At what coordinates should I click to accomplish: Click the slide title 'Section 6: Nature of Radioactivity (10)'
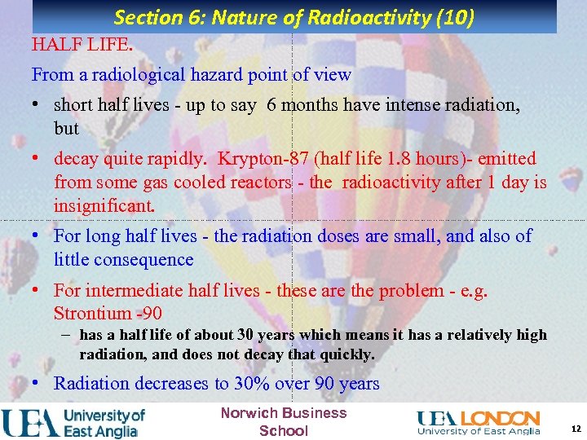tap(293, 17)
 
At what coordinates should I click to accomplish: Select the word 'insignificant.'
tap(104, 205)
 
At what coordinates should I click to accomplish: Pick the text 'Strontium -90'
tap(108, 313)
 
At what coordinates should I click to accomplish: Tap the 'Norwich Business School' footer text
tap(284, 421)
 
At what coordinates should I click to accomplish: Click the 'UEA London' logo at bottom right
tap(479, 422)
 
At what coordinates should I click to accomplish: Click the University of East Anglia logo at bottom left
tap(73, 422)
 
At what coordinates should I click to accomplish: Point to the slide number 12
tap(576, 429)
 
